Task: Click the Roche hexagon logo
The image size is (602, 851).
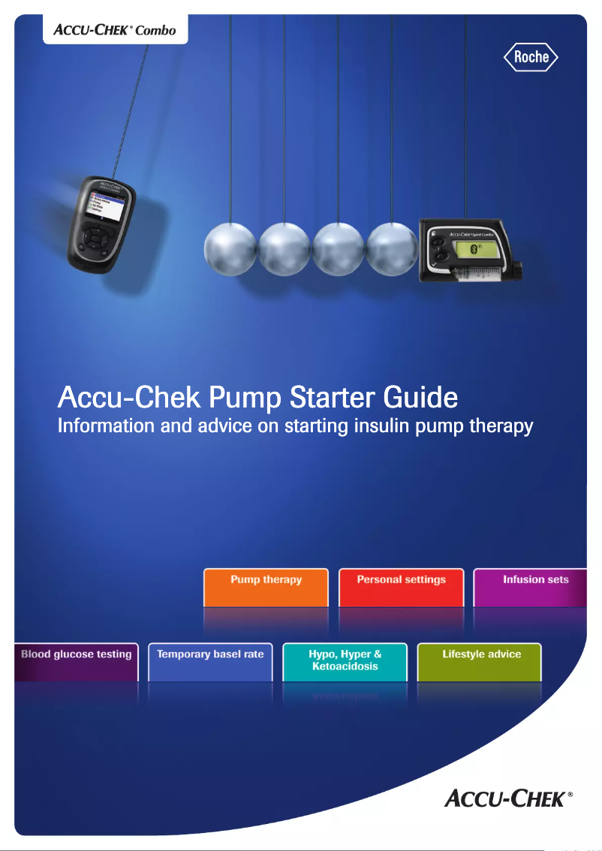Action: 531,56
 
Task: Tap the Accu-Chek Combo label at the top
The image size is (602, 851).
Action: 115,29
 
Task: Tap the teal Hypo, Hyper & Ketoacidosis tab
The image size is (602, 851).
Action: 345,661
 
